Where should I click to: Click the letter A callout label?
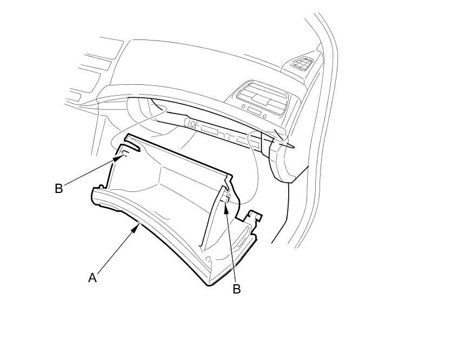click(x=92, y=278)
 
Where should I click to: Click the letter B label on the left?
click(x=59, y=189)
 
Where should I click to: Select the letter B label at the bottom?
click(x=236, y=289)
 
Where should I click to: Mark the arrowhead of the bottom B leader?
click(x=227, y=202)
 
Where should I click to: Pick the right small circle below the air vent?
click(x=265, y=115)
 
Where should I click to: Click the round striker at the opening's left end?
click(x=191, y=124)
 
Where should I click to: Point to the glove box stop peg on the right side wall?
click(x=228, y=197)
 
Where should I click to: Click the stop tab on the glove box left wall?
click(x=124, y=155)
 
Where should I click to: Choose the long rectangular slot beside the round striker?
click(x=209, y=130)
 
